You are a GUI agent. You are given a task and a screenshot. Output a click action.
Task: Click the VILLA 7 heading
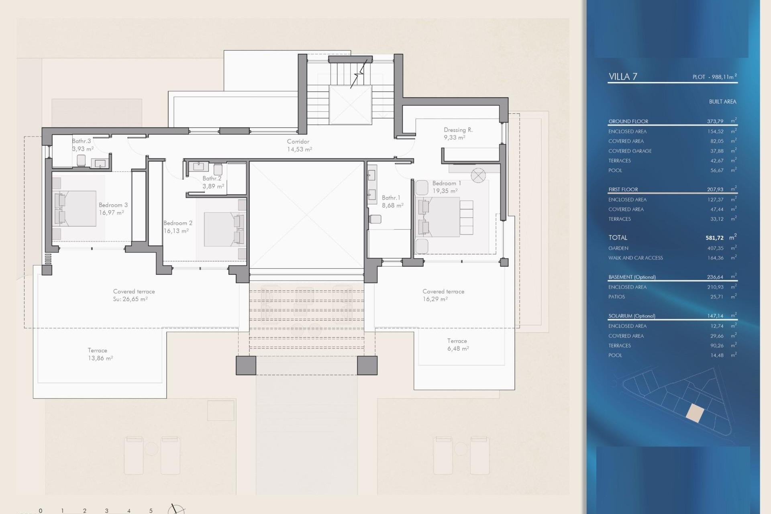pos(622,77)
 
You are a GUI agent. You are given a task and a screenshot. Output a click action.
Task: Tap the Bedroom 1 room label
pos(446,183)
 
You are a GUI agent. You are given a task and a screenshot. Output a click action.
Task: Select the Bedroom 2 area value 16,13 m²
pos(176,231)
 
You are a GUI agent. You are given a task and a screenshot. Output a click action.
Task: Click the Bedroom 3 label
pos(113,205)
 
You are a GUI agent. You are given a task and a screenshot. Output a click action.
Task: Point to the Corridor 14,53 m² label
pos(299,145)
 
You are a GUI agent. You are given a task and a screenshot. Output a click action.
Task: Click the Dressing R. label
pos(458,130)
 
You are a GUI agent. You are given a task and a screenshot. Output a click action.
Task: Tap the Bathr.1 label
pos(391,198)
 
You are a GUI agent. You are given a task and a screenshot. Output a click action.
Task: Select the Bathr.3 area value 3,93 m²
pos(83,149)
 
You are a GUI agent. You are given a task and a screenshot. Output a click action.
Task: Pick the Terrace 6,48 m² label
pos(458,345)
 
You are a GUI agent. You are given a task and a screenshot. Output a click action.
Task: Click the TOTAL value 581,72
pos(714,238)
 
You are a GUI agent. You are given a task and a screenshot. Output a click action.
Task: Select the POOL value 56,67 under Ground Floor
pos(717,170)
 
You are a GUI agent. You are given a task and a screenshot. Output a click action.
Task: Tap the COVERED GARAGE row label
pos(630,151)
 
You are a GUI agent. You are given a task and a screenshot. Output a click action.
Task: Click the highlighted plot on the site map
pos(695,413)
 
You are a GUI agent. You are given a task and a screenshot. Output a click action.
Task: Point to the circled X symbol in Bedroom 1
pos(478,175)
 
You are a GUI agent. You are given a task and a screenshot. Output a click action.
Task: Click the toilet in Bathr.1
pos(375,219)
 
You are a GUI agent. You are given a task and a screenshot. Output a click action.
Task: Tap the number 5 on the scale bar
pos(151,510)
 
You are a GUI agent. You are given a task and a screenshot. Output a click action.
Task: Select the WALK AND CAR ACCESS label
pos(635,258)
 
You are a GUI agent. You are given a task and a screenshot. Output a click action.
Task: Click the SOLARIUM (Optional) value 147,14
pos(715,316)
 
